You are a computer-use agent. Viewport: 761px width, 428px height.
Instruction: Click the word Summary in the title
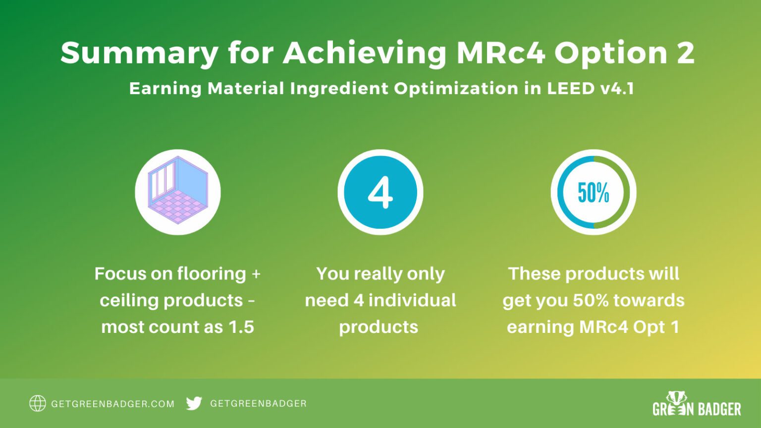139,53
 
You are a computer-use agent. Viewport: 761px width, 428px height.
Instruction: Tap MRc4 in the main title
500,52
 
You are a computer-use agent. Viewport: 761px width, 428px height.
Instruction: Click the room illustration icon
178,192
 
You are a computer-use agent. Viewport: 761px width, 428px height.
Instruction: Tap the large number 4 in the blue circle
380,192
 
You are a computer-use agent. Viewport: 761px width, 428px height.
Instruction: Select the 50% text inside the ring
593,192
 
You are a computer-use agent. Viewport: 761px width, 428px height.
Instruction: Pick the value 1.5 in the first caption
241,327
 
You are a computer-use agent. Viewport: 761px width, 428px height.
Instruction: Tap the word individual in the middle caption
412,300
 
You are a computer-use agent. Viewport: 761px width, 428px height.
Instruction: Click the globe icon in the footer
38,404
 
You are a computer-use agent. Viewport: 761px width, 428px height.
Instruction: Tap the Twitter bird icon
194,404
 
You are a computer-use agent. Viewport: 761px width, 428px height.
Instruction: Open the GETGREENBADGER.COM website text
113,404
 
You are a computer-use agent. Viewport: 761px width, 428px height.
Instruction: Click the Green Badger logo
697,405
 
